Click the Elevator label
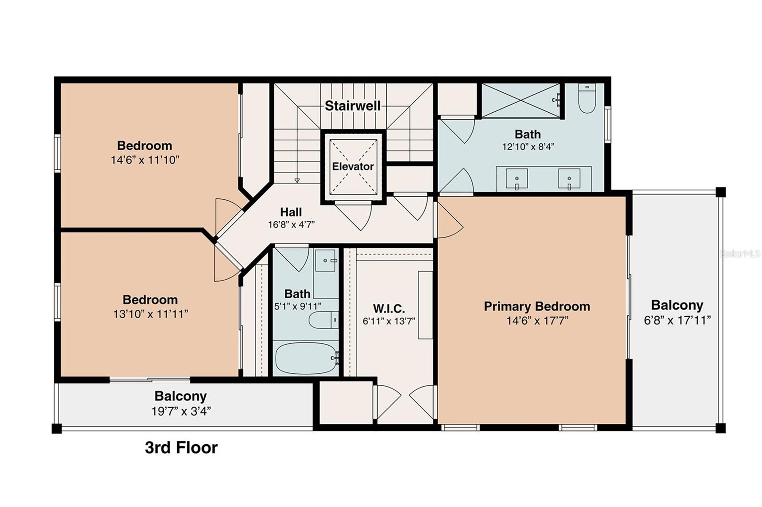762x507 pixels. (352, 166)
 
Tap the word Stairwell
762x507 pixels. (352, 106)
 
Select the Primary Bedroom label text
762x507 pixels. (537, 306)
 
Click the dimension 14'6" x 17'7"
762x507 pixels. (537, 321)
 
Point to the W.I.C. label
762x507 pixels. (389, 308)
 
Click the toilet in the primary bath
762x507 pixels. (587, 98)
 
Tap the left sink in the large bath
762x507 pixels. (517, 179)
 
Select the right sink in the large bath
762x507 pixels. (570, 179)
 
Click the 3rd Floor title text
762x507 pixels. (181, 448)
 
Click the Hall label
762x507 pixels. (291, 212)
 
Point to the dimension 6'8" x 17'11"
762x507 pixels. (677, 320)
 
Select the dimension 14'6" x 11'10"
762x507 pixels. (145, 160)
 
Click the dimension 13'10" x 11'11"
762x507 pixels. (150, 314)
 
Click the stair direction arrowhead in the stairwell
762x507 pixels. (297, 180)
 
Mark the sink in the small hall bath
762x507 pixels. (326, 260)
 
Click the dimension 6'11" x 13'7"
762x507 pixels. (389, 321)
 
